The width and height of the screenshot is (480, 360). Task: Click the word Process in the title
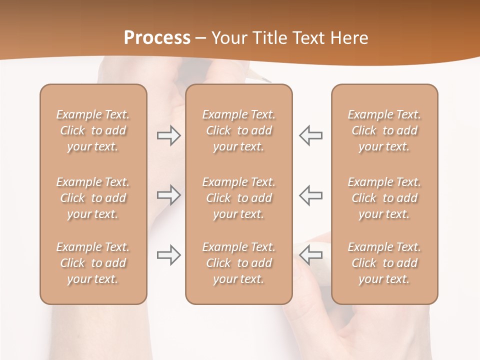pos(157,37)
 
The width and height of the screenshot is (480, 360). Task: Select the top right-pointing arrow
pos(168,135)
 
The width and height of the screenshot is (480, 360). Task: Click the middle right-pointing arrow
pos(168,194)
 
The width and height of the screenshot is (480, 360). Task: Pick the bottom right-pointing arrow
pos(168,255)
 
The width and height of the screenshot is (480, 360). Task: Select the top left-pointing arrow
pos(311,135)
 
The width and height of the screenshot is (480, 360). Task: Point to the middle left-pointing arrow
pos(311,194)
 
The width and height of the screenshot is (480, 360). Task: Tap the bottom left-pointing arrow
pos(311,255)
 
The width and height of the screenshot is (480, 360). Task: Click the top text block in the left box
pos(93,130)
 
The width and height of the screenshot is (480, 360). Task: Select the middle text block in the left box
pos(93,198)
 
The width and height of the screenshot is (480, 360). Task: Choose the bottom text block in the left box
pos(93,263)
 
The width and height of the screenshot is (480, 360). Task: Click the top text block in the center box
pos(238,130)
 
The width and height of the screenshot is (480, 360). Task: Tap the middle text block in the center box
pos(238,198)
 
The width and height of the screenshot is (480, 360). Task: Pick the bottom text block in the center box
pos(238,263)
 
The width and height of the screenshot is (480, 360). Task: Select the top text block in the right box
pos(384,130)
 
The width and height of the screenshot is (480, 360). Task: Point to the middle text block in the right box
pos(384,198)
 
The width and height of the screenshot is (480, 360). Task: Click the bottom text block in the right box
pos(384,263)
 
